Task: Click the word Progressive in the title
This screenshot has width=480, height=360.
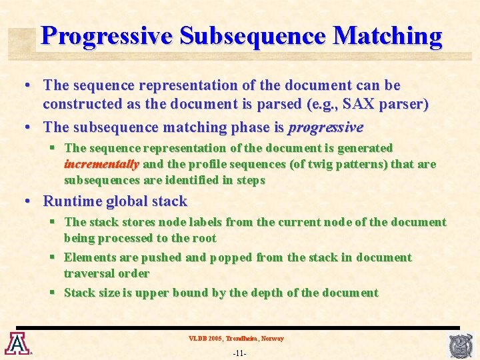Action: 106,36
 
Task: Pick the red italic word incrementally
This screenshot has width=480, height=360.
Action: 101,164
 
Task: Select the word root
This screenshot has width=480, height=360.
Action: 203,238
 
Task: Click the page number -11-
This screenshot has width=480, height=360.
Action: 239,353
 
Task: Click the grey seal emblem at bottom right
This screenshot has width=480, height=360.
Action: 462,345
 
